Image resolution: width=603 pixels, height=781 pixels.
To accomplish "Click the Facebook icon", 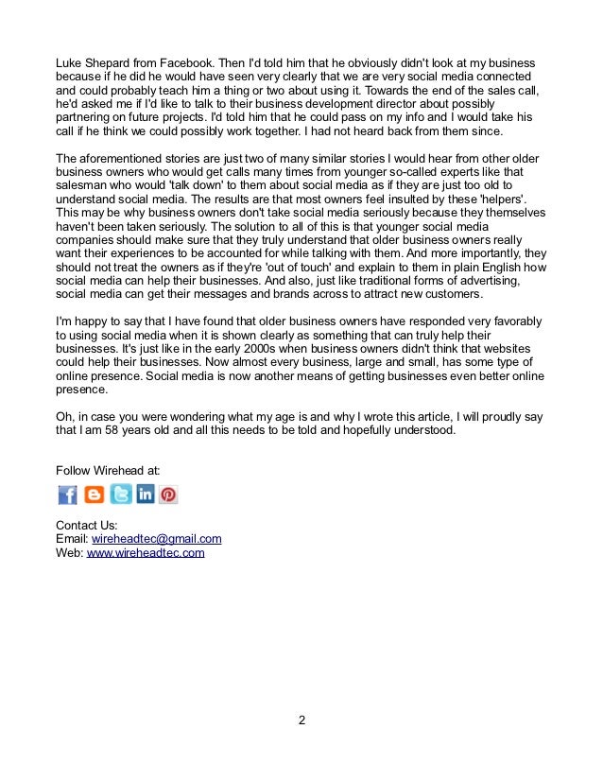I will (x=67, y=495).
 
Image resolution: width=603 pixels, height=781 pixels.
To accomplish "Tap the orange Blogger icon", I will (x=94, y=495).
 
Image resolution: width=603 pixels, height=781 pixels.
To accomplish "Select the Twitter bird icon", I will (x=120, y=495).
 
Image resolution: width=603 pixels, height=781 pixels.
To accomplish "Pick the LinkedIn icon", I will (x=145, y=495).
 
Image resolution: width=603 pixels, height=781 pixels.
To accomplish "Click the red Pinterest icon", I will (x=167, y=495).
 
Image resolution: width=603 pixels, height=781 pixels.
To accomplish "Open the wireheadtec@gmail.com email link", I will (x=156, y=539).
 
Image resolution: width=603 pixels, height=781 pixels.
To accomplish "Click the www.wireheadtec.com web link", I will (x=146, y=553).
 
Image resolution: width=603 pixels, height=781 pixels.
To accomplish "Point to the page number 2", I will (x=301, y=722).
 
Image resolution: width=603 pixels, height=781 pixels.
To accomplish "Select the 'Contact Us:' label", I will (x=86, y=525).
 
